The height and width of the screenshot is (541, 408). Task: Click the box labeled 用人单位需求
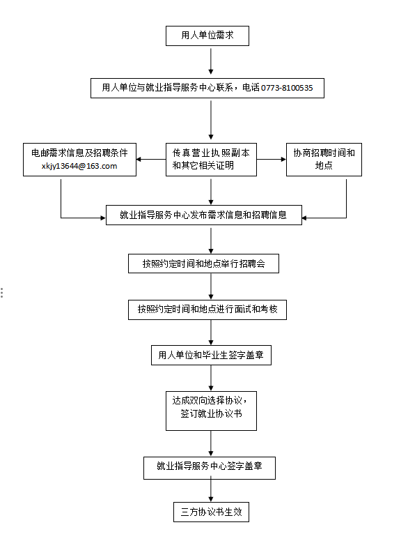[x=207, y=36]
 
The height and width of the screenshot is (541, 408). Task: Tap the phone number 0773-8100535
[x=287, y=88]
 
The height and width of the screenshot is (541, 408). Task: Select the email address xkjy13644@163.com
[x=79, y=166]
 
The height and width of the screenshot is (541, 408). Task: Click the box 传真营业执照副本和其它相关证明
[x=211, y=160]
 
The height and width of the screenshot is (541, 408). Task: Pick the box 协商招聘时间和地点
[x=324, y=160]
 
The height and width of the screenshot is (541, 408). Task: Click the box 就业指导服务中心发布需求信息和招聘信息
[x=204, y=215]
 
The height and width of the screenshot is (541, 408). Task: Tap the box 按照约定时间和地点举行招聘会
[x=203, y=264]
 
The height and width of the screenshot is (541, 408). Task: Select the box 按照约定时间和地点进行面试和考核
[x=207, y=310]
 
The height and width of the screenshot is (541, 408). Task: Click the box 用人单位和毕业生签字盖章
[x=211, y=355]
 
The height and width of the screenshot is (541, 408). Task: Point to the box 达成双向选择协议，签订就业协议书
[x=211, y=411]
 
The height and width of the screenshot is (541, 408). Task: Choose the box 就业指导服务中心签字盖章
[x=209, y=468]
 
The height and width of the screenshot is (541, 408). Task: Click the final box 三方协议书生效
[x=211, y=512]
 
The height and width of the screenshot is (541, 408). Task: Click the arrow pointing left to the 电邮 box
[x=151, y=160]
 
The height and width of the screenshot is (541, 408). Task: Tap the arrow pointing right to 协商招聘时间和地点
[x=272, y=160]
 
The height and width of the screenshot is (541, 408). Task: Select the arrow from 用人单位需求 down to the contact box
[x=211, y=61]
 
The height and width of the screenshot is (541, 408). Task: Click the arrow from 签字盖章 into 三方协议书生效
[x=211, y=489]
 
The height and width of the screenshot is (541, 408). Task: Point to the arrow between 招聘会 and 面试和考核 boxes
[x=211, y=286]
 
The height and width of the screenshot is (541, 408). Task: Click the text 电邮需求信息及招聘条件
[x=79, y=153]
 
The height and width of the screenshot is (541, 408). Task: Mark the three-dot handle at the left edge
[x=2, y=293]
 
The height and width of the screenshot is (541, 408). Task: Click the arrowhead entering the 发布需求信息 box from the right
[x=304, y=218]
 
